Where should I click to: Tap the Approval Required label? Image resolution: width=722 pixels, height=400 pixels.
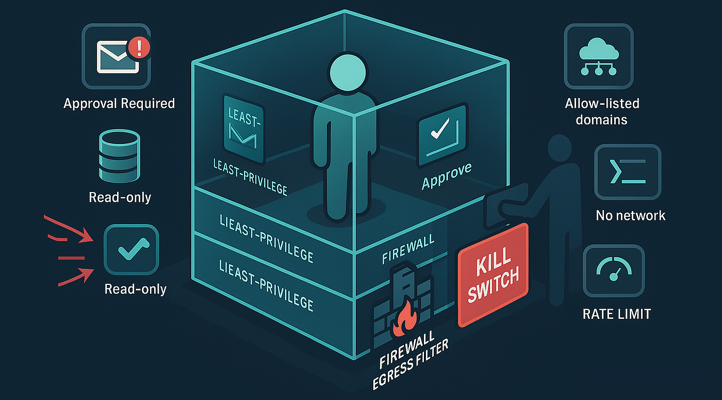(x=119, y=103)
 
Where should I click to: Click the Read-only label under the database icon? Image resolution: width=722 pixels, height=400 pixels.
(x=120, y=197)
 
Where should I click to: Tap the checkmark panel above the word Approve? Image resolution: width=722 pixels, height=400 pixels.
(x=441, y=134)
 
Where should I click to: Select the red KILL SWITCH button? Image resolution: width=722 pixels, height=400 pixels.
(x=493, y=274)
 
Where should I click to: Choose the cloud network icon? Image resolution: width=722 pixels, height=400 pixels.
(x=598, y=57)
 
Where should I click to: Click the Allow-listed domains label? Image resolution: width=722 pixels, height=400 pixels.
(x=602, y=111)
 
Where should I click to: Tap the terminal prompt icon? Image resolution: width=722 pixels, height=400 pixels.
(x=627, y=172)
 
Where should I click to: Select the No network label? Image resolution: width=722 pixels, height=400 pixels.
(x=630, y=215)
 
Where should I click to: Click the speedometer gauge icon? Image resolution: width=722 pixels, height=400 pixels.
(x=613, y=269)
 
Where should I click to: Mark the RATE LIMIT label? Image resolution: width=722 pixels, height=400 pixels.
(x=616, y=313)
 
